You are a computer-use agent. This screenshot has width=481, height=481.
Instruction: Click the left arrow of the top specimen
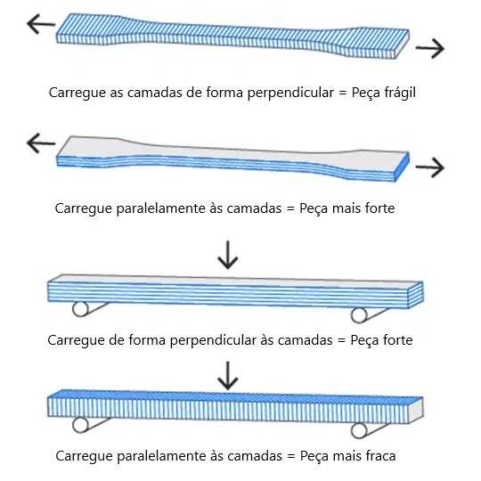click(x=41, y=24)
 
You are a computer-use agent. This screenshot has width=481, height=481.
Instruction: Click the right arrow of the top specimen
click(x=429, y=48)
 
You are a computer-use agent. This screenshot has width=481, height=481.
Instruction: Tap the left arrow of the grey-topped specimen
click(x=41, y=143)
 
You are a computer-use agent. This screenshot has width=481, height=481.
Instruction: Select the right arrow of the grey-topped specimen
click(x=429, y=167)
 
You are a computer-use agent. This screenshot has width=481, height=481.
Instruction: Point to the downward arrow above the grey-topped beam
click(x=228, y=255)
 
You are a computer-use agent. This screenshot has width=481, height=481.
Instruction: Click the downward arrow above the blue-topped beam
click(x=228, y=376)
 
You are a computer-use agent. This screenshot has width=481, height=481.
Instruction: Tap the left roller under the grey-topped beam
click(x=80, y=309)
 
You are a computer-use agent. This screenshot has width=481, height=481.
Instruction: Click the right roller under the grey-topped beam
click(x=359, y=315)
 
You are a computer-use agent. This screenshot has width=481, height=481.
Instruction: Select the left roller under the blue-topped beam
click(x=80, y=425)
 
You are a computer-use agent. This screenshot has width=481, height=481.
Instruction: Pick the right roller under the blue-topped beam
click(x=359, y=431)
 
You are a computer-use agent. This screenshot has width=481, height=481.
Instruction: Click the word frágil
click(x=399, y=93)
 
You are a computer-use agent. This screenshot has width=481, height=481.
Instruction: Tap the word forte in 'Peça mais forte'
click(x=379, y=208)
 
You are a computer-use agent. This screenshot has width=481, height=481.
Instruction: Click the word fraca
click(x=380, y=456)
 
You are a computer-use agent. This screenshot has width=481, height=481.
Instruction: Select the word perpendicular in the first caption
click(x=290, y=93)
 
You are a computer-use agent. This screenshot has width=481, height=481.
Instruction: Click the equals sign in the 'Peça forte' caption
click(x=341, y=340)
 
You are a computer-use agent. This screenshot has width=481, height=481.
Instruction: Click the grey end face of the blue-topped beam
click(x=416, y=410)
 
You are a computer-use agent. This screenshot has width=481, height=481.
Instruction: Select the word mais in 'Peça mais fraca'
click(x=348, y=456)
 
